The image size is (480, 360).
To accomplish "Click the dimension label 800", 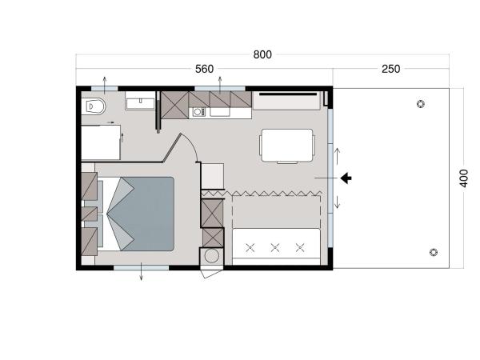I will tap(262, 54).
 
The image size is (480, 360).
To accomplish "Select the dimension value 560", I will tap(204, 69).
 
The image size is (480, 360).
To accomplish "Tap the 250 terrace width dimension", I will tap(390, 69).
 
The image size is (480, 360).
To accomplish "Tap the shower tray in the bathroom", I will tap(102, 142).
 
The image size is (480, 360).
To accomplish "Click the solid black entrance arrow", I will tap(346, 177).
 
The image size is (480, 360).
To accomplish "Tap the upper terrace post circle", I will tap(422, 103).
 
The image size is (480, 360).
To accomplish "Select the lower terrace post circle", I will tap(433, 252).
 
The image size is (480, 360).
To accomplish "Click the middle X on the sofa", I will tap(274, 248).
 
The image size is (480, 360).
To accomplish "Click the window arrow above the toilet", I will tap(105, 82).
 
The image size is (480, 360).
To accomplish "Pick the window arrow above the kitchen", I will tap(219, 82).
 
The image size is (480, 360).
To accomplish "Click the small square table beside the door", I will tap(213, 175).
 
